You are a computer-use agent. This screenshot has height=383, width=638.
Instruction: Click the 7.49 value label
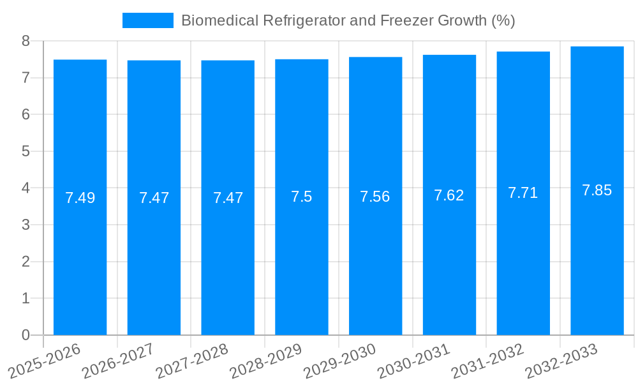pos(80,198)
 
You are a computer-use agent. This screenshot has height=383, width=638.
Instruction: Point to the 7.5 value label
pos(301,197)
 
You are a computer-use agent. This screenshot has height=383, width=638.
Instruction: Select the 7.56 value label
pos(375,197)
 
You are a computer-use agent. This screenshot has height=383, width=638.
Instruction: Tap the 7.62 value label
pos(449,195)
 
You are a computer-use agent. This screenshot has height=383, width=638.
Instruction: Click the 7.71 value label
pos(523,193)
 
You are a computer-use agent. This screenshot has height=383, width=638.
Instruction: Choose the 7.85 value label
pos(597,190)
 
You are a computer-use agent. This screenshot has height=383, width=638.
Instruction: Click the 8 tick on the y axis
pos(26,41)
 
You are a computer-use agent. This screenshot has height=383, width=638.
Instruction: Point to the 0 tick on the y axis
pos(26,335)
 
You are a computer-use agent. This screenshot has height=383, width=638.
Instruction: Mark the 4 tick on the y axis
pos(26,188)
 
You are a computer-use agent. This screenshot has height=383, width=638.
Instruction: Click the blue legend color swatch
pos(148,20)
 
